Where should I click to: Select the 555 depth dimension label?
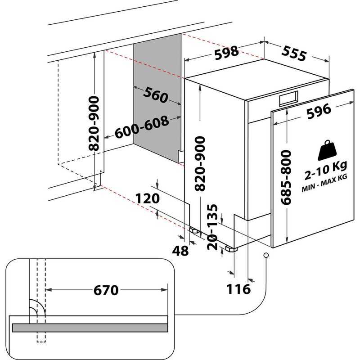coord(295,54)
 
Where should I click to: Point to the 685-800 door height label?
coord(288,178)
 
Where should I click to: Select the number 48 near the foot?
coord(181,251)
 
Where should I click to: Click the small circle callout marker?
coord(266,256)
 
